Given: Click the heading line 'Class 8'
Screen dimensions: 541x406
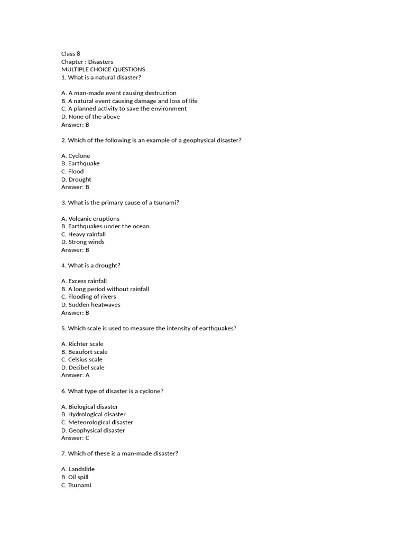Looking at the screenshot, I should click(71, 54).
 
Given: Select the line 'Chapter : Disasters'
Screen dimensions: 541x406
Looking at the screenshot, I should click(87, 62).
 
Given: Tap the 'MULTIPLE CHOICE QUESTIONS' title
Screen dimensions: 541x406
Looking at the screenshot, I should click(103, 69).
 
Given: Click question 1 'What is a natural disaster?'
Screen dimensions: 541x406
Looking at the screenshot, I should click(101, 77).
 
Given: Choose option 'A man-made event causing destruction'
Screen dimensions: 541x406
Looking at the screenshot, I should click(119, 93).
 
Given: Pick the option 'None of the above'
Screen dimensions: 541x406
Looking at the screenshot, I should click(90, 117).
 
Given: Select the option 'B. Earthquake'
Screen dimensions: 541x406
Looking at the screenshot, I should click(80, 164).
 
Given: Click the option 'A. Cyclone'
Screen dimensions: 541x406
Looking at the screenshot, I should click(76, 156).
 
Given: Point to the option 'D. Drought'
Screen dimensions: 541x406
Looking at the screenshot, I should click(76, 180).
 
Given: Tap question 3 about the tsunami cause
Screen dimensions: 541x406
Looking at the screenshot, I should click(120, 203).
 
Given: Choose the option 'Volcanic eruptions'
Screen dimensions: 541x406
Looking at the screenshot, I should click(90, 219).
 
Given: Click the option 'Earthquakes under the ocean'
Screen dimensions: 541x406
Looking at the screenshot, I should click(105, 226).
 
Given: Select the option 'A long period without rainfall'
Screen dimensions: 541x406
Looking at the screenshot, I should click(105, 289).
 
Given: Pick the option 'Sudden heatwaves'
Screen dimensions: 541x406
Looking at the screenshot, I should click(91, 305).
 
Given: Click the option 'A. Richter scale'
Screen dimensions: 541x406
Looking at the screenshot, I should click(82, 344).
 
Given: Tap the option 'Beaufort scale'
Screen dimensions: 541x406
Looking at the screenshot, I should click(85, 352).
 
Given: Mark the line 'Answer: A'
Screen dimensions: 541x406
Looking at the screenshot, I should click(76, 375).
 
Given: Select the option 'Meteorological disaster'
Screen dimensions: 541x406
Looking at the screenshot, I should click(97, 423).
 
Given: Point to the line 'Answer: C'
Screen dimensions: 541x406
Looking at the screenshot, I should click(76, 438).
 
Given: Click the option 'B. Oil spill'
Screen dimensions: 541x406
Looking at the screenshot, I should click(75, 477).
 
